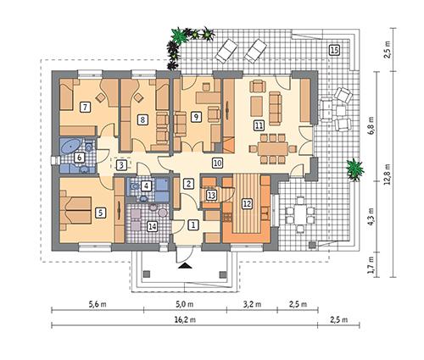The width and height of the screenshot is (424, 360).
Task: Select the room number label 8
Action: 142,119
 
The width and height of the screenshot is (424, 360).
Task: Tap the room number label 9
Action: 195,117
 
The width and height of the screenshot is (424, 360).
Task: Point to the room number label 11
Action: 258,125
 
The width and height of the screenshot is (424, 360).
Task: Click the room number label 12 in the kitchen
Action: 247,203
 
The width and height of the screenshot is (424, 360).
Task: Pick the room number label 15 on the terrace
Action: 334,50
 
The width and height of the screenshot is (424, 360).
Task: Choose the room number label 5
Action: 100,213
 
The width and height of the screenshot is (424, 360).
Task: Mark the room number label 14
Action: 152,225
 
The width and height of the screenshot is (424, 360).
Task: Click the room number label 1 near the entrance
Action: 193,224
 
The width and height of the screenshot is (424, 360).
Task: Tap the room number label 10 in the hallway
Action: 217,162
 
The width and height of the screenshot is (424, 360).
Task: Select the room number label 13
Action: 211,195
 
